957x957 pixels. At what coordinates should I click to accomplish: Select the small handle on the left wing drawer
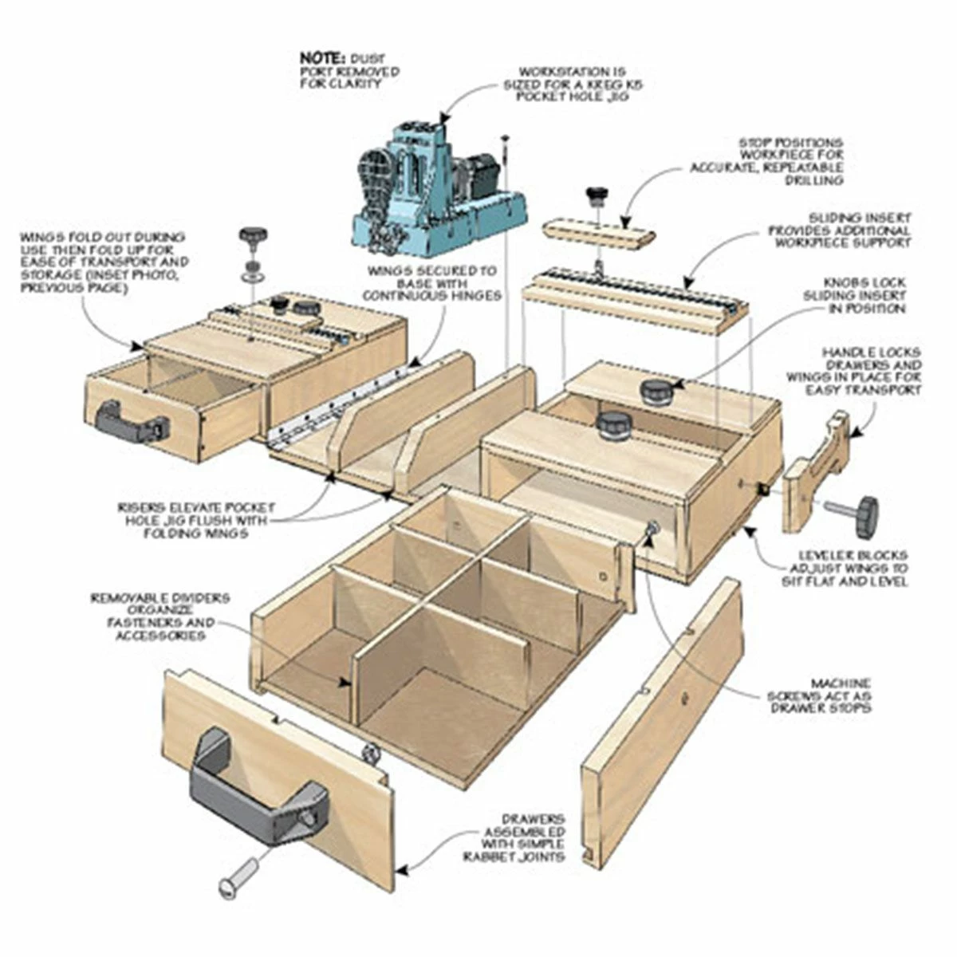(132, 423)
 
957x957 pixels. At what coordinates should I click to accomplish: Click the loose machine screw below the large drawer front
(238, 874)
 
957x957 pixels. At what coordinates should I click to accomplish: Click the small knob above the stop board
(596, 194)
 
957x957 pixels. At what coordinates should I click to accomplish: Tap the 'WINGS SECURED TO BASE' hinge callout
(435, 283)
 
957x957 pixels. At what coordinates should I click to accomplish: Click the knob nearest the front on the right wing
(612, 425)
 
